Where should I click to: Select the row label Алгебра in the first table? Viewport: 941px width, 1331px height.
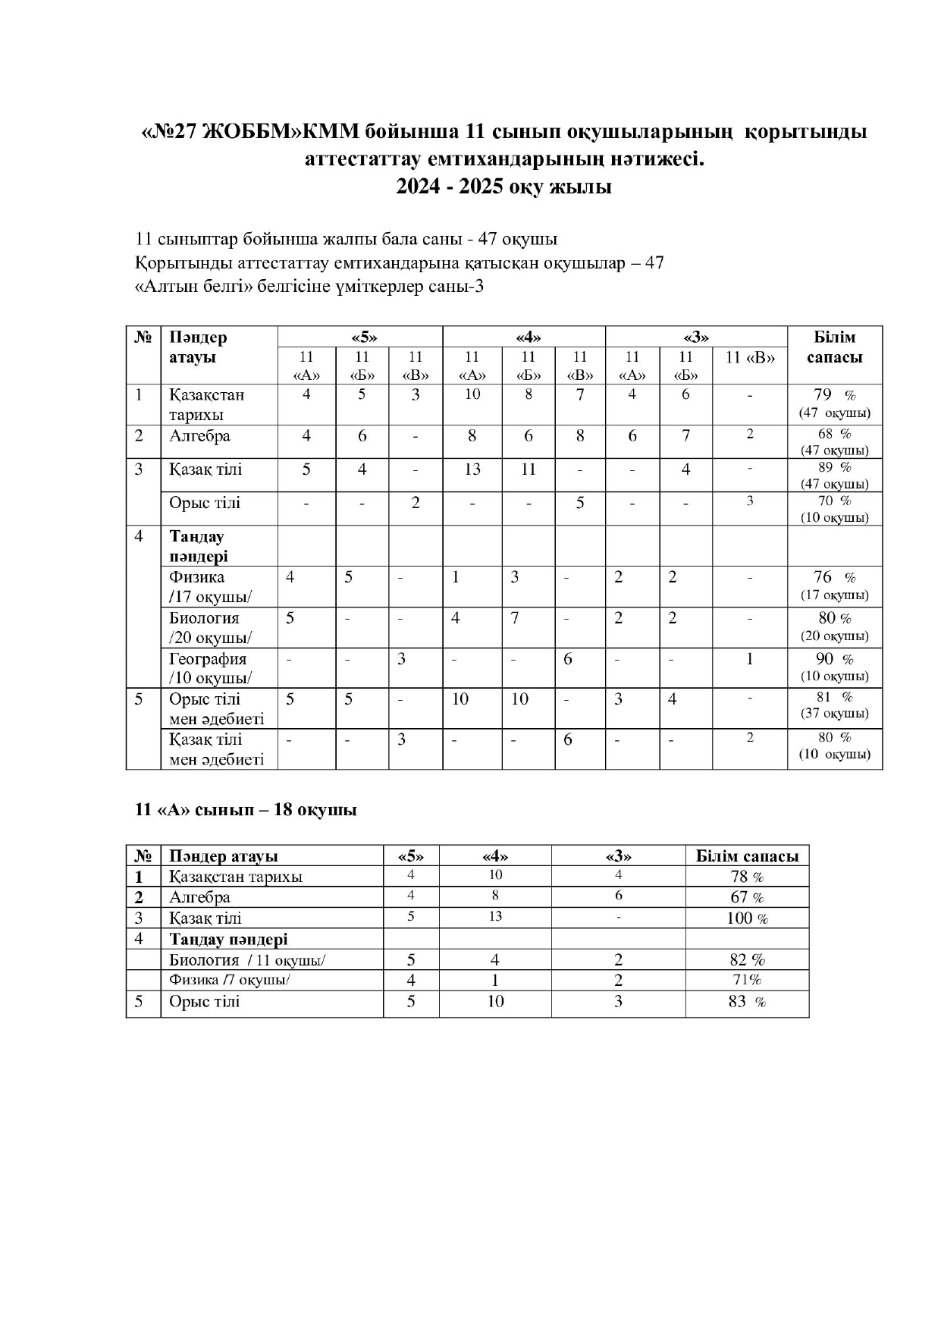coord(199,436)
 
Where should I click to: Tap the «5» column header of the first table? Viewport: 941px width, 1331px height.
coord(362,337)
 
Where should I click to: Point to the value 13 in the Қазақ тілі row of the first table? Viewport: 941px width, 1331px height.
coord(472,469)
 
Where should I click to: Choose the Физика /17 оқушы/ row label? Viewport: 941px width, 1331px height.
coord(210,586)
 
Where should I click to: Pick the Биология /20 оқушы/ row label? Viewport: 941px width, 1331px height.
coord(210,627)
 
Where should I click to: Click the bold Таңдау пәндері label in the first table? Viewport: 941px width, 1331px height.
coord(198,546)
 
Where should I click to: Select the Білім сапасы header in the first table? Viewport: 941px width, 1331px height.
coord(834,347)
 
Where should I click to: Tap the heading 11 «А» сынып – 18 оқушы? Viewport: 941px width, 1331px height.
coord(246,810)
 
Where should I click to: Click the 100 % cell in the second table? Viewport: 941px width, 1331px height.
coord(747,918)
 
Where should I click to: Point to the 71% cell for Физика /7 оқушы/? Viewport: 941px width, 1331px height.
coord(747,980)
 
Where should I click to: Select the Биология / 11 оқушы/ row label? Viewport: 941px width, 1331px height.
coord(247,960)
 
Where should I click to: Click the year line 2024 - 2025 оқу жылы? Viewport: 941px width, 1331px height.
coord(503,187)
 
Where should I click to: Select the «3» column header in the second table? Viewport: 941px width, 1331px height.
coord(618,856)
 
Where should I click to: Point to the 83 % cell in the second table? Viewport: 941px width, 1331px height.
coord(747,1002)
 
